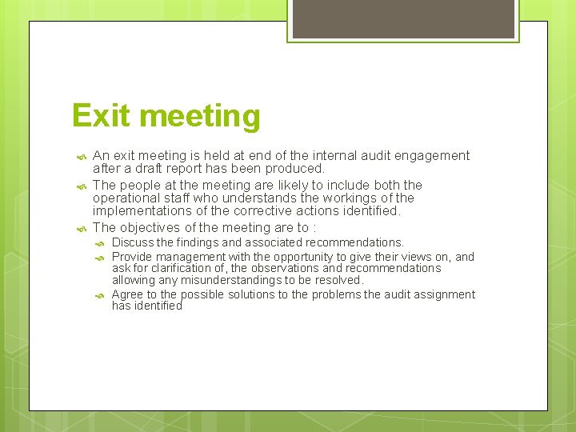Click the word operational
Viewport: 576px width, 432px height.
tap(126, 198)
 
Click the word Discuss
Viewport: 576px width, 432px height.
tap(132, 242)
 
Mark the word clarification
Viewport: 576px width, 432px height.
tap(174, 268)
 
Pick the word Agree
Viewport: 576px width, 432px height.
tap(127, 294)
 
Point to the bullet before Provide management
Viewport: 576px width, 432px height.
tap(100, 258)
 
